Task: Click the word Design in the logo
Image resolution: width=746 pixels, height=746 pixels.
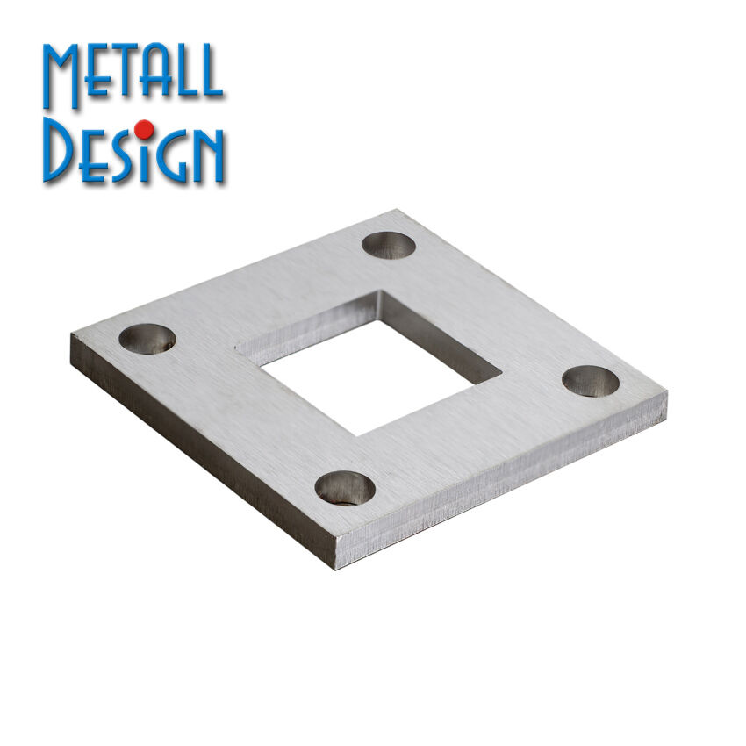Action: [x=133, y=150]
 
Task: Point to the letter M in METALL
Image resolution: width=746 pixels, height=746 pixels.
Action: [x=61, y=76]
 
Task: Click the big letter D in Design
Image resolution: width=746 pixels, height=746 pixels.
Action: [x=59, y=150]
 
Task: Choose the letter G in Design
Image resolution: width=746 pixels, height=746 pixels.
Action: [x=169, y=157]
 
